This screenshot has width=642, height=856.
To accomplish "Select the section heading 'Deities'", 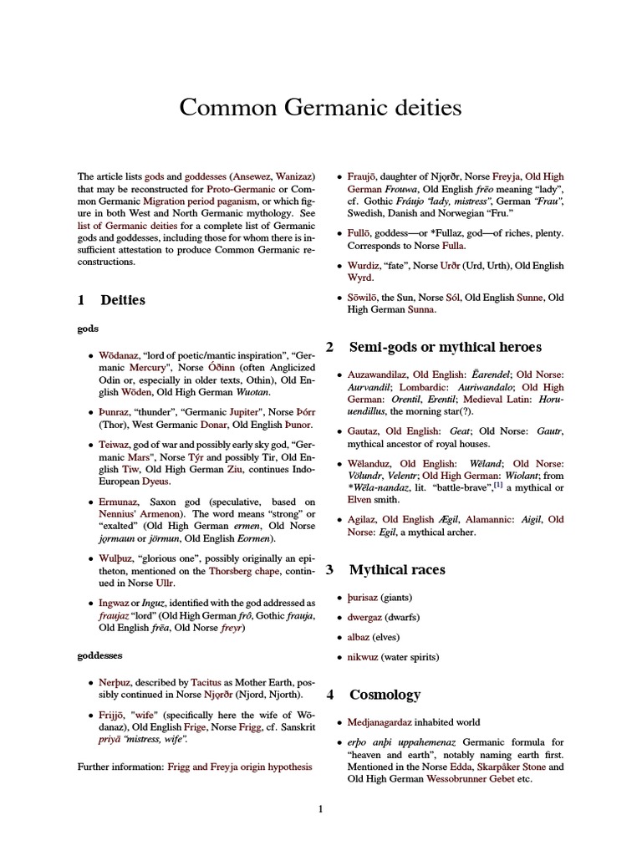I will click(x=122, y=299).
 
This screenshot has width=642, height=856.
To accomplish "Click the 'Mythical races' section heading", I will click(x=397, y=570).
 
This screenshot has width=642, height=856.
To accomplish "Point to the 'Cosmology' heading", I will click(x=385, y=695).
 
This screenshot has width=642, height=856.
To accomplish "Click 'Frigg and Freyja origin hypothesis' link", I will click(x=240, y=766).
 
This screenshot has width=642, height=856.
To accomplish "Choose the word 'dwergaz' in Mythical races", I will click(x=364, y=617).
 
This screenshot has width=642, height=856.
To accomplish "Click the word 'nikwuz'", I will click(x=363, y=657).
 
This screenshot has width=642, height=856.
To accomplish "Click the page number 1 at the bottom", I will click(x=320, y=808).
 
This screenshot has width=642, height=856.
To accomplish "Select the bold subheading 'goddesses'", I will click(x=100, y=656).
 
